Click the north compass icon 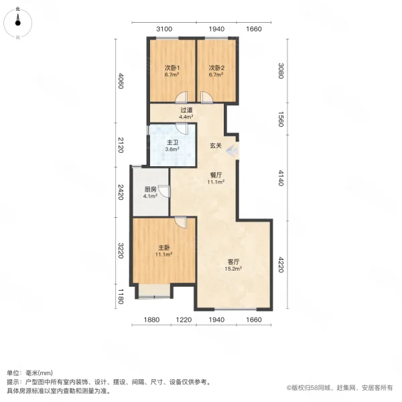pyautogui.click(x=18, y=21)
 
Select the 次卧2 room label pyautogui.click(x=215, y=68)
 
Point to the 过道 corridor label pyautogui.click(x=186, y=110)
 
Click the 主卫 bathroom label pyautogui.click(x=172, y=143)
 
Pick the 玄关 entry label pyautogui.click(x=215, y=145)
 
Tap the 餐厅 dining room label pyautogui.click(x=215, y=174)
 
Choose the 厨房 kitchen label pyautogui.click(x=150, y=189)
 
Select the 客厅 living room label pyautogui.click(x=232, y=262)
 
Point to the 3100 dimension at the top pyautogui.click(x=165, y=29)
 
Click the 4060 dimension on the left pyautogui.click(x=121, y=82)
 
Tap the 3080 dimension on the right pyautogui.click(x=282, y=70)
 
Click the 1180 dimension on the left pyautogui.click(x=121, y=295)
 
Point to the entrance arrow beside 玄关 pyautogui.click(x=231, y=150)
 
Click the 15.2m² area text pyautogui.click(x=232, y=269)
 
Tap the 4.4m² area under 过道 pyautogui.click(x=186, y=117)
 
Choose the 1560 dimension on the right pyautogui.click(x=282, y=120)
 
